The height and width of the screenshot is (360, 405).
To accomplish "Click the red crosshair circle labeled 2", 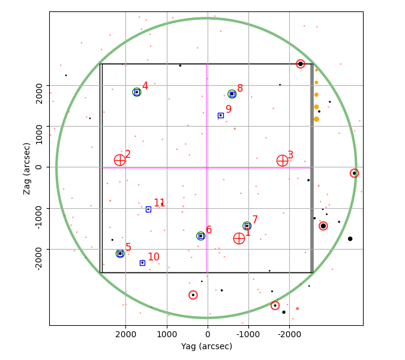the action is pyautogui.click(x=119, y=160).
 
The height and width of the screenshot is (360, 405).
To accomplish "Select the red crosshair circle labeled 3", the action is pyautogui.click(x=283, y=161).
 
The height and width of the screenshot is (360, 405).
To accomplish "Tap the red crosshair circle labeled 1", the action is pyautogui.click(x=239, y=238).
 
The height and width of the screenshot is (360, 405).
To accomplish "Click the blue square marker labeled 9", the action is pyautogui.click(x=221, y=115).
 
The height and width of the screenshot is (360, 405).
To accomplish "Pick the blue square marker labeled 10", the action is pyautogui.click(x=142, y=263).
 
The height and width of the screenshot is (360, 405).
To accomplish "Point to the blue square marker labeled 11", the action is pyautogui.click(x=148, y=209).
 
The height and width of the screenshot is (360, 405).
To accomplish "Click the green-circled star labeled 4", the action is pyautogui.click(x=137, y=92).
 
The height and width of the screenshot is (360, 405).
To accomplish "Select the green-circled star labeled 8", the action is pyautogui.click(x=232, y=94).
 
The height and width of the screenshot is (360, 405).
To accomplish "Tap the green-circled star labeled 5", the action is pyautogui.click(x=120, y=254).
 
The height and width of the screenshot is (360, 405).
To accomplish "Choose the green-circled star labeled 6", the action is pyautogui.click(x=200, y=236).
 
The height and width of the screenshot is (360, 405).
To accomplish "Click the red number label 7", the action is pyautogui.click(x=255, y=220).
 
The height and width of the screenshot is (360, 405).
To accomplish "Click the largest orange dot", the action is pyautogui.click(x=316, y=119).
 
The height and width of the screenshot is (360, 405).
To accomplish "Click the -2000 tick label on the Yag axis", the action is pyautogui.click(x=289, y=334).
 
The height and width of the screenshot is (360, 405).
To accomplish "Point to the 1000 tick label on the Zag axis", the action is pyautogui.click(x=39, y=134).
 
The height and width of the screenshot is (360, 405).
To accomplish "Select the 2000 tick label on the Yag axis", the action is pyautogui.click(x=125, y=334).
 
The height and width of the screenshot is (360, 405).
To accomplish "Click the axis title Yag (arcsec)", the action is pyautogui.click(x=206, y=346).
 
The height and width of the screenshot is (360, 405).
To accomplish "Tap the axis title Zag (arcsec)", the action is pyautogui.click(x=26, y=169).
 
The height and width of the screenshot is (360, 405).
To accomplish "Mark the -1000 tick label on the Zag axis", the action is pyautogui.click(x=39, y=217).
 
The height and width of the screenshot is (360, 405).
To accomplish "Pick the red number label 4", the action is pyautogui.click(x=145, y=86).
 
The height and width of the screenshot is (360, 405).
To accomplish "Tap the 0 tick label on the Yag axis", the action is pyautogui.click(x=208, y=334).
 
